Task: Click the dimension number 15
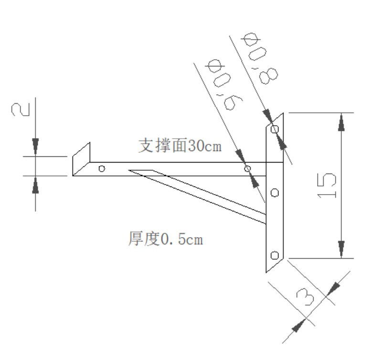point(327,185)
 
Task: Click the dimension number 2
point(21,109)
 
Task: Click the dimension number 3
point(305,296)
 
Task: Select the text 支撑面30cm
point(180,145)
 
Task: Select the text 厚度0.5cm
point(166,239)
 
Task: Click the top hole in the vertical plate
point(275,130)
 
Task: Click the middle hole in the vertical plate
point(275,193)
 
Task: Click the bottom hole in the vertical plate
point(275,255)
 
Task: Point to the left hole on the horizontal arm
point(102,169)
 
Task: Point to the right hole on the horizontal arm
point(247,169)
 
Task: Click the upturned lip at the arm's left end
point(81,159)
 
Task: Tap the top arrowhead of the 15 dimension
point(341,122)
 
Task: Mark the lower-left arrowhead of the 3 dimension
point(298,325)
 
